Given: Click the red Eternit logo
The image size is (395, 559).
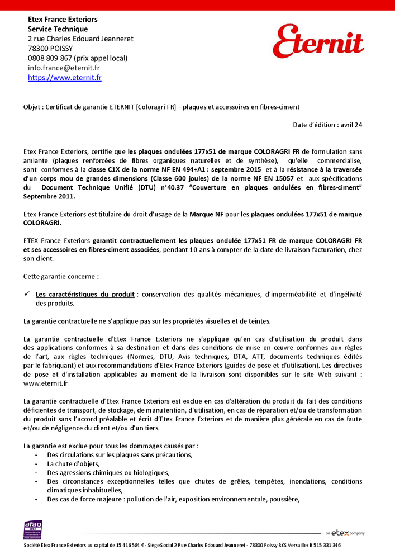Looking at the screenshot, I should [x=318, y=41].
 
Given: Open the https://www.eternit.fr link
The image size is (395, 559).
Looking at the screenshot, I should [x=65, y=78].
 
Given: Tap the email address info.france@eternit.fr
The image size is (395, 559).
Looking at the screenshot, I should [x=64, y=68].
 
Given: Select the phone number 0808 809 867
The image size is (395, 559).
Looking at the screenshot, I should [x=50, y=58].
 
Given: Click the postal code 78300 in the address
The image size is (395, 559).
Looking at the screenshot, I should [x=37, y=49].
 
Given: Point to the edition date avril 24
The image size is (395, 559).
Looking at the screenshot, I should [x=351, y=125].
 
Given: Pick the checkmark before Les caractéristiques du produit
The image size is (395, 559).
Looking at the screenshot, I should [x=27, y=294].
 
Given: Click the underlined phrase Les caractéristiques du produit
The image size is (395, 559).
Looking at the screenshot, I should [x=85, y=294].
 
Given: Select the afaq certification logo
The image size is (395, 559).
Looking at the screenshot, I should [x=33, y=530].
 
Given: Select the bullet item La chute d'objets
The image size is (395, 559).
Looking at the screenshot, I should [x=73, y=463].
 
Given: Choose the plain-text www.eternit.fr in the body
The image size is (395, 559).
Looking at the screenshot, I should [x=46, y=383].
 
